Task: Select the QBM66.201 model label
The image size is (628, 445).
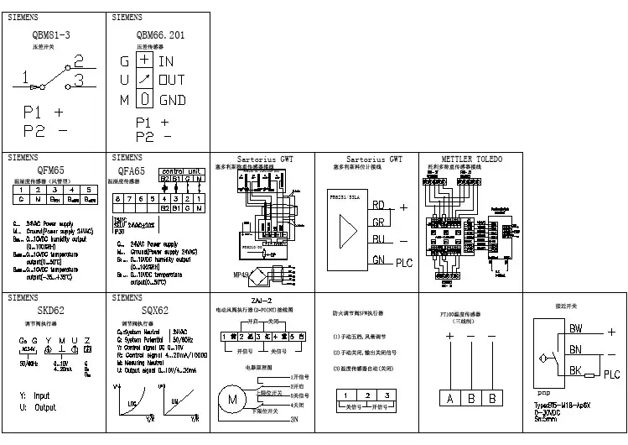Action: click(x=159, y=36)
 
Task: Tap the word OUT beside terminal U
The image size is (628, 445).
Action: click(x=172, y=80)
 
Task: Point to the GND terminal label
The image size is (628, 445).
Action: click(x=172, y=100)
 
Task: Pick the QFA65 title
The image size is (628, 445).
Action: click(x=131, y=171)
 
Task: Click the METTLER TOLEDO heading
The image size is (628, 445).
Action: click(x=470, y=159)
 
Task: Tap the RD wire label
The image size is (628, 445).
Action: click(x=379, y=204)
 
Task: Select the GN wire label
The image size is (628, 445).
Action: click(x=379, y=259)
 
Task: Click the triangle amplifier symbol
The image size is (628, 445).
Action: click(x=346, y=230)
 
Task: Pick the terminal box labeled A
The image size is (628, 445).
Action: click(x=450, y=398)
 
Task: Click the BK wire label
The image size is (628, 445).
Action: click(x=576, y=369)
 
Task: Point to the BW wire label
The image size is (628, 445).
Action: click(x=576, y=328)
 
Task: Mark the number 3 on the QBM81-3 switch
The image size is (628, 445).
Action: click(x=78, y=81)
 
